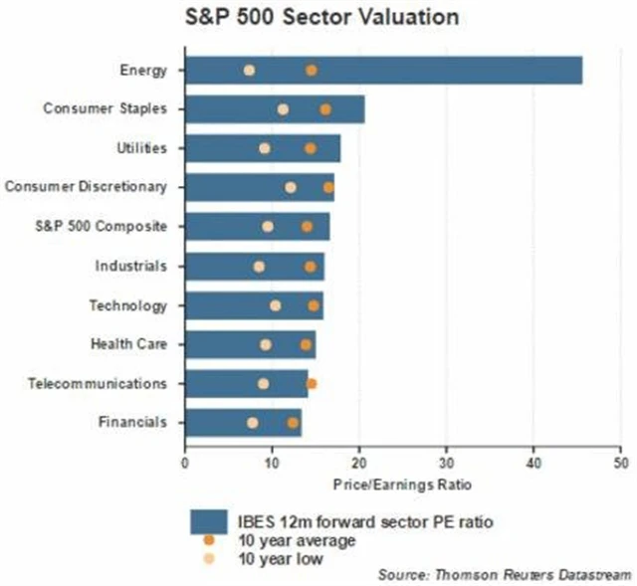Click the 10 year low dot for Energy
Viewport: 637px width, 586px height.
(249, 70)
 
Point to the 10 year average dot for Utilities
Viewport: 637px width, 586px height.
(311, 148)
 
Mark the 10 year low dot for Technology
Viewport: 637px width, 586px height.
(276, 305)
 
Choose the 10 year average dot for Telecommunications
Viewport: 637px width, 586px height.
(312, 383)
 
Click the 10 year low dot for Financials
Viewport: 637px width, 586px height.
(253, 423)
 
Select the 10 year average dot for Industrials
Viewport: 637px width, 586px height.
(310, 267)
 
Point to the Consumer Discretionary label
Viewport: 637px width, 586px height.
(86, 187)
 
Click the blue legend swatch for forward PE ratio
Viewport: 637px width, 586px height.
(211, 521)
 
